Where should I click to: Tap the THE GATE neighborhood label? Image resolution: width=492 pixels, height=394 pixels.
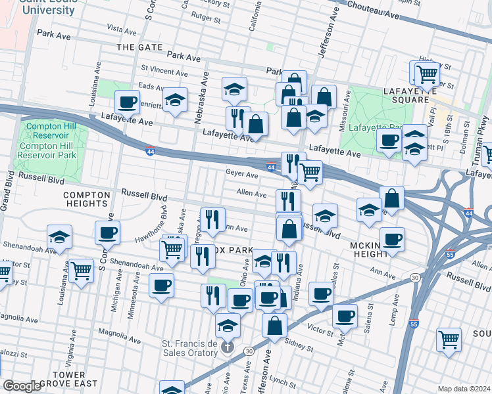point(138,47)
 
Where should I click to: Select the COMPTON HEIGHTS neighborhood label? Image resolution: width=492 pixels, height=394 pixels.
point(85,200)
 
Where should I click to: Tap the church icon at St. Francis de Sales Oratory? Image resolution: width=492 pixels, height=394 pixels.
point(227,345)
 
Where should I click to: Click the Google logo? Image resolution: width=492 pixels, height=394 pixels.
point(22,385)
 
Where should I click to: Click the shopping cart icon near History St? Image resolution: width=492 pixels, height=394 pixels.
point(426,74)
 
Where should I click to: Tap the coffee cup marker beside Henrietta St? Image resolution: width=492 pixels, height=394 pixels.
point(128,102)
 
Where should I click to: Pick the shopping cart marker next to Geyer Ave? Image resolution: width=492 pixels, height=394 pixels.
point(309,173)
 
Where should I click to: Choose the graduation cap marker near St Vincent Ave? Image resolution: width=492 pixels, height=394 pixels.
point(234,90)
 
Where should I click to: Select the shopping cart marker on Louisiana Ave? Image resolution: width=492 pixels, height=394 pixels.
point(81,269)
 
